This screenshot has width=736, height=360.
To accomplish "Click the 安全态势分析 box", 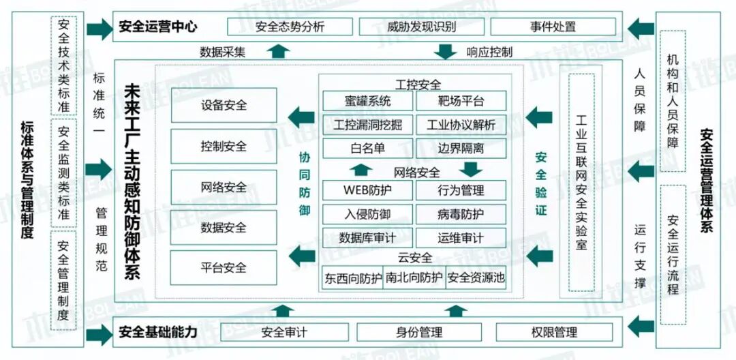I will pos(290,27).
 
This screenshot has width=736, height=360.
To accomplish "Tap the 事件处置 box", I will pos(553,27).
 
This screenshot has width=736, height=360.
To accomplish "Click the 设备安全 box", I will pos(224,106).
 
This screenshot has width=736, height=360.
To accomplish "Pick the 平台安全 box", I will pos(224,267).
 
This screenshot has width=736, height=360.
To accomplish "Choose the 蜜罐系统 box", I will pos(367,102).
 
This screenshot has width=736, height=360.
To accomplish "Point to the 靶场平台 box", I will pos(461,102).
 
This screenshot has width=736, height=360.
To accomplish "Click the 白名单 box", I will pos(367,148).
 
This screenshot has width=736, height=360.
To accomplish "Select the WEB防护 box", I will pos(367,190).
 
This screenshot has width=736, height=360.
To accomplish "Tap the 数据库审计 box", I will pos(367,238).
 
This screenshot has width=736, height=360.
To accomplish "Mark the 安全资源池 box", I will pos(476,278).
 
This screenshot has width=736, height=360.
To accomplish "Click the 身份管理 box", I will pos(419,333).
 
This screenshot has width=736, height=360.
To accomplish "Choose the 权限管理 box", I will pos(554,333).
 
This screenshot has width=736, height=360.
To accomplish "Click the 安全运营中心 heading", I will pos(157,27).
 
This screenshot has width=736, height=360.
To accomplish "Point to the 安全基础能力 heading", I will pos(157,333).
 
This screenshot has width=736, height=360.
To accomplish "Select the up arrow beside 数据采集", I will pos(278,51).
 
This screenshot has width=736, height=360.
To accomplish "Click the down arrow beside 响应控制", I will pos(446,51).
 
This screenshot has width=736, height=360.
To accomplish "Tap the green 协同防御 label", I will pos(305,183).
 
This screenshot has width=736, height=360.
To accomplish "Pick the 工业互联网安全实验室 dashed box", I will pos(581,182).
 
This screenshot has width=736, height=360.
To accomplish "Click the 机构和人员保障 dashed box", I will pos(673,101).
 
